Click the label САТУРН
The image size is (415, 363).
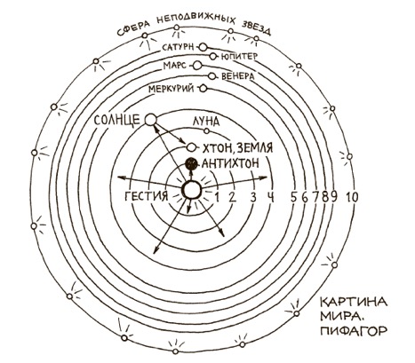tap(178, 48)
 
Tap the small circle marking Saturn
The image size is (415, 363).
tap(203, 47)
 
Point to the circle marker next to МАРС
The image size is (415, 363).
tap(197, 66)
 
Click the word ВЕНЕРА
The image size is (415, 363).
tap(238, 76)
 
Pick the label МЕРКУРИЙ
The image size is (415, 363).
tap(172, 89)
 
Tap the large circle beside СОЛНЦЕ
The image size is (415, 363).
tap(151, 120)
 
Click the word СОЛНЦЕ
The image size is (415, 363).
tap(116, 120)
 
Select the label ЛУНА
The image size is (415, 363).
tap(206, 121)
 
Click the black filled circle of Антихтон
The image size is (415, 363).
tap(191, 162)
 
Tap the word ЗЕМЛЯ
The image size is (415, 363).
tap(252, 147)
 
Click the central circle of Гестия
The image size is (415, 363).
tap(191, 190)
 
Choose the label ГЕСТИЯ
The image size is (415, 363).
tap(147, 196)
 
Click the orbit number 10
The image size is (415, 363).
tap(351, 197)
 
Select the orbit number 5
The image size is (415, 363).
tap(293, 198)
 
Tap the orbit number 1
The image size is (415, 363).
tap(217, 197)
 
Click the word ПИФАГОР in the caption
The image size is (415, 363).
tap(354, 330)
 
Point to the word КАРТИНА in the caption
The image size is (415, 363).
tap(354, 302)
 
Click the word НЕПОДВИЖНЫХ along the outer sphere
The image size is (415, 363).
tap(196, 20)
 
